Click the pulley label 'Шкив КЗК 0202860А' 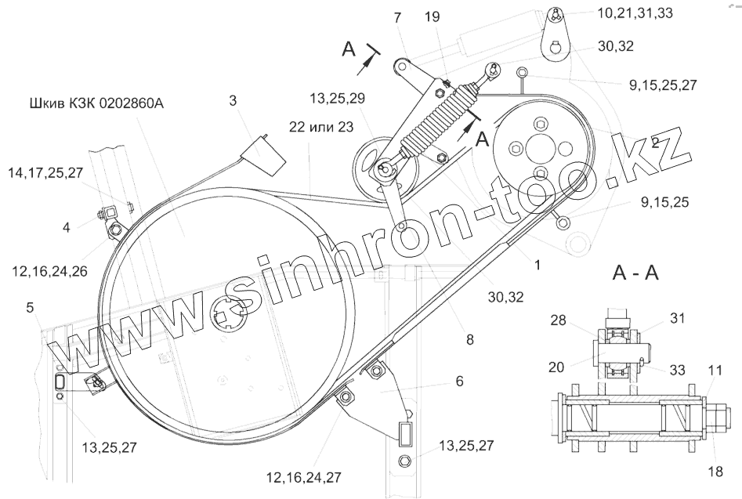click(x=96, y=103)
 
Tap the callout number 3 click(x=233, y=101)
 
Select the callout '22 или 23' click(x=321, y=127)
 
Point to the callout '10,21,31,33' click(x=635, y=13)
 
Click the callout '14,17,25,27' click(x=45, y=172)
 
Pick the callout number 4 click(x=67, y=228)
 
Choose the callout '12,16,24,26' click(x=50, y=271)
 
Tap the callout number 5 click(x=31, y=307)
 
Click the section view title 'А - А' click(x=635, y=273)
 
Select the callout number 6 click(x=459, y=381)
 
